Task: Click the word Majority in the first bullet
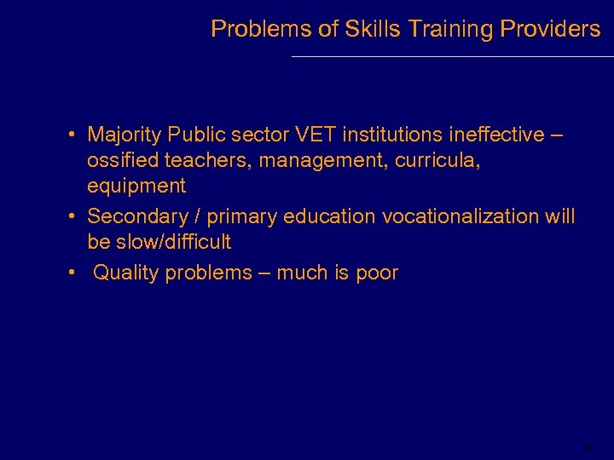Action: tap(125, 135)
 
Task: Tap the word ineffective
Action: tap(489, 135)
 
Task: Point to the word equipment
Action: tap(136, 186)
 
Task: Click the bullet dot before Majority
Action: tap(75, 135)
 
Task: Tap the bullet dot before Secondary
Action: tap(75, 216)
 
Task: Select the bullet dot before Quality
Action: tap(75, 273)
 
